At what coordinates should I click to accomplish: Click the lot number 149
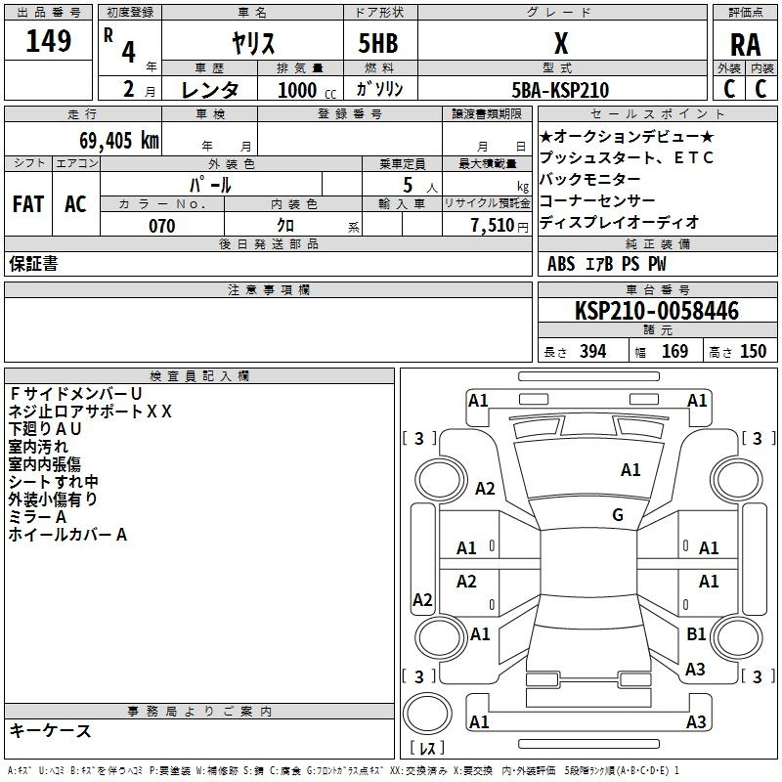coord(49,42)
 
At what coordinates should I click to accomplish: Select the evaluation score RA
coord(745,45)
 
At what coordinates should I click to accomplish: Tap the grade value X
coord(560,44)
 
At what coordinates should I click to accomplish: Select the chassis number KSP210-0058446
coord(656,311)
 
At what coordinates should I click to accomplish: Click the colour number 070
coord(161,226)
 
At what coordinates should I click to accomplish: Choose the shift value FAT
coord(27,204)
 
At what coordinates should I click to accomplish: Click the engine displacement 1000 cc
coord(298,90)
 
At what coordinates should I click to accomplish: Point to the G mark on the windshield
coord(618,514)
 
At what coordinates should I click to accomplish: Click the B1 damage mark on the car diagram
coord(696,634)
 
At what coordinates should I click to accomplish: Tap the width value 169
coord(674,351)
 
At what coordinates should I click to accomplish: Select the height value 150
coord(753,351)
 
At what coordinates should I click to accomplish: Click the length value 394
coord(592,351)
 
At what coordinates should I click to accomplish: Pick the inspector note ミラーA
coord(37,516)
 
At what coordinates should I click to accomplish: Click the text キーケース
coord(50,730)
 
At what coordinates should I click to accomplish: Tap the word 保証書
coord(33,264)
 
